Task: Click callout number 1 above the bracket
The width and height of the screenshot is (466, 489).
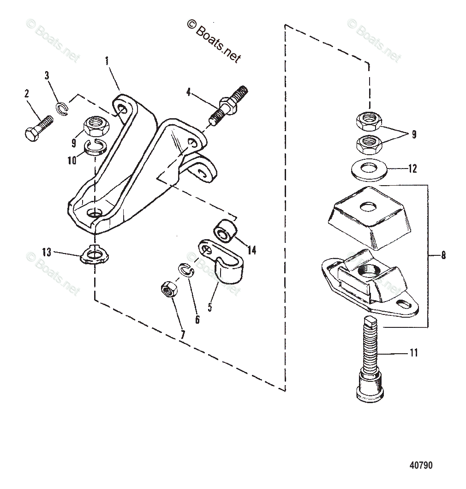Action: coord(107,60)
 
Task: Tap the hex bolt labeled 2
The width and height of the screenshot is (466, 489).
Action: coord(38,128)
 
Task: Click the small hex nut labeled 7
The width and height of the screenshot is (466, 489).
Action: coord(167,290)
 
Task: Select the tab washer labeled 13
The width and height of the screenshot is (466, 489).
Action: coord(93,255)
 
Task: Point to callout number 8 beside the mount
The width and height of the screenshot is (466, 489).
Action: coord(443,254)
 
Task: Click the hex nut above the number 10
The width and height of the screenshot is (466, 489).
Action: coord(95,125)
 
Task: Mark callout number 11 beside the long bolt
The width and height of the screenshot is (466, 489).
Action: coord(413,353)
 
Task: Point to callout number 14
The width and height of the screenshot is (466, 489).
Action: coord(251,250)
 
